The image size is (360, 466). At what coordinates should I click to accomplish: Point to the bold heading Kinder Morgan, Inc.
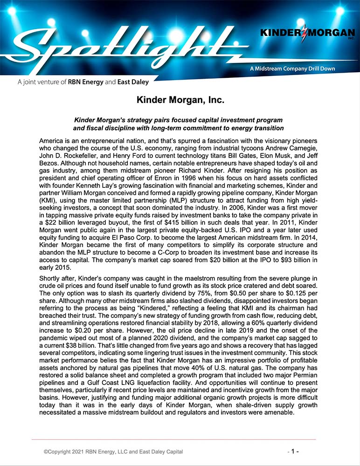click(180, 100)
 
